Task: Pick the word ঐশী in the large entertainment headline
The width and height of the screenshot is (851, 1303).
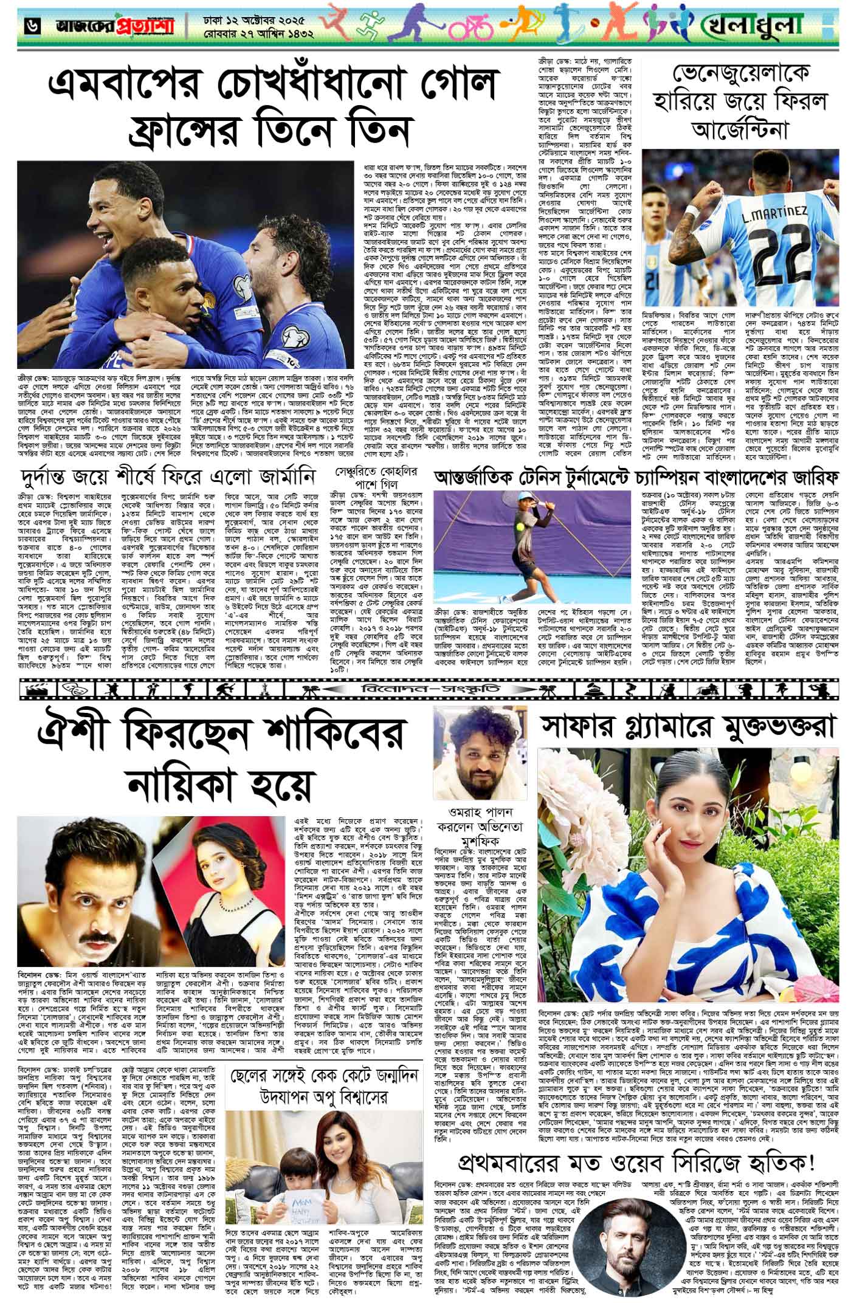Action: click(69, 735)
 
